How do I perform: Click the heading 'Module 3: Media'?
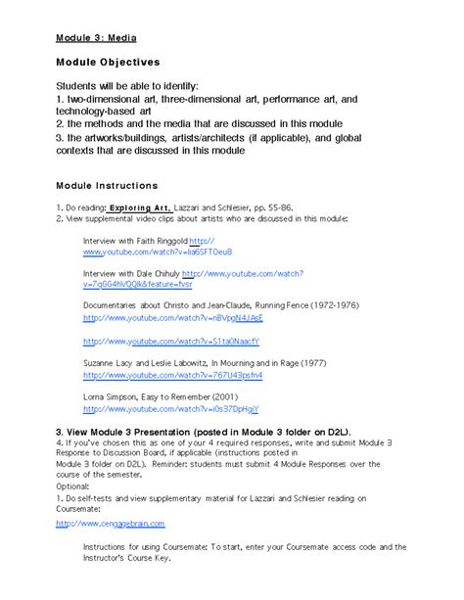[95, 38]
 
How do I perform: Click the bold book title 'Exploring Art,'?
[140, 208]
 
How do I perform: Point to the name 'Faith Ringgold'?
[156, 241]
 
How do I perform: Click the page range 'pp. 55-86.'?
[282, 208]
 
